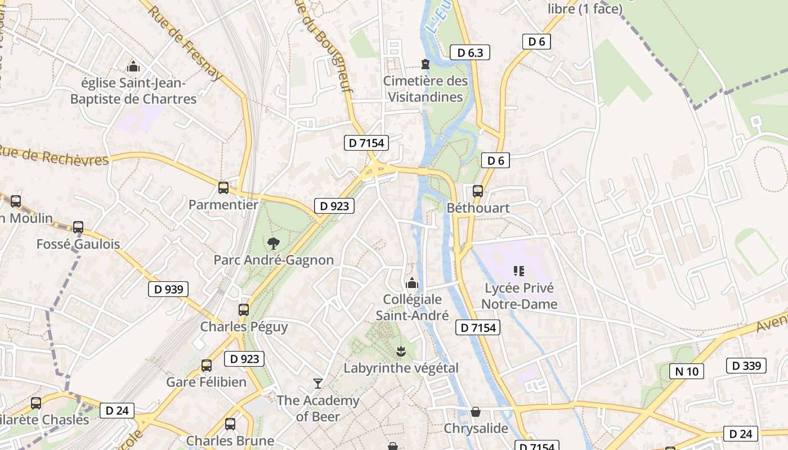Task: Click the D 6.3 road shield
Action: (470, 53)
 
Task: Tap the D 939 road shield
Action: (168, 290)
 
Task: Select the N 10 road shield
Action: (687, 371)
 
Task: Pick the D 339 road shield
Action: (747, 366)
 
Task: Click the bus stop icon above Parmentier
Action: (223, 188)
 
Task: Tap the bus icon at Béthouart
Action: (478, 191)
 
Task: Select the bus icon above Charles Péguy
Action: (244, 310)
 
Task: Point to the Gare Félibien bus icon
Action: (207, 366)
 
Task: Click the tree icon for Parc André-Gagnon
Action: (274, 244)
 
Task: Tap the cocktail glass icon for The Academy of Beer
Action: (318, 384)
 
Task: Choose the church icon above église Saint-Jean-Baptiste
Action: (133, 67)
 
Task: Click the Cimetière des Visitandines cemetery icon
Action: (426, 65)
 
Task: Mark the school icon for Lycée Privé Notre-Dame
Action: (519, 271)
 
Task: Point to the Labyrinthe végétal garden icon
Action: (401, 352)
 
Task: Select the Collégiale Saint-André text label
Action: (412, 307)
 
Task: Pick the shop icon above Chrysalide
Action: (476, 412)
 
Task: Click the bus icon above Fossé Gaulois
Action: (78, 227)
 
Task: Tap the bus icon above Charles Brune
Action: (230, 424)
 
